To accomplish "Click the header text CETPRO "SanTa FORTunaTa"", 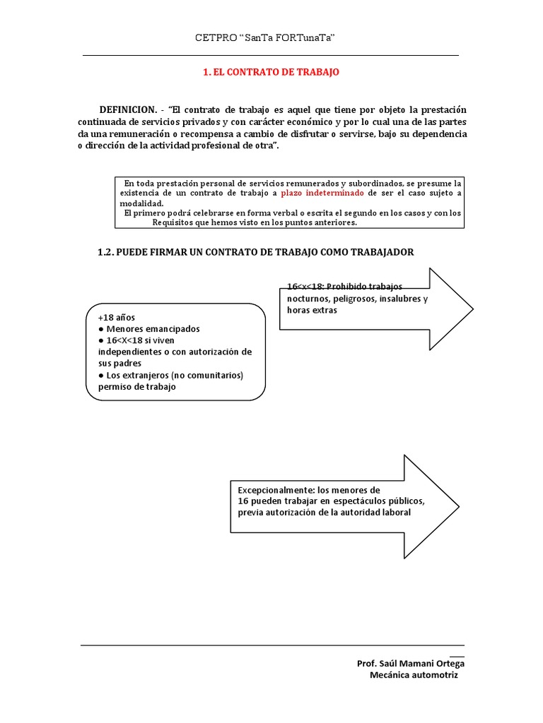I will (x=264, y=37).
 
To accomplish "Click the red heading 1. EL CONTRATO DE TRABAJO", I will (x=271, y=72).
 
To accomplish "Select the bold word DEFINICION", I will (x=127, y=109).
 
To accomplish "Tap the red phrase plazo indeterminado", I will (x=322, y=193).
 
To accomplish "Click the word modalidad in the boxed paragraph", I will (x=141, y=203).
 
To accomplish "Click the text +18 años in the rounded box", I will (x=117, y=317).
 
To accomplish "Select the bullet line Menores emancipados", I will (x=153, y=328).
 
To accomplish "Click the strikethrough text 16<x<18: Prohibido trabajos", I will (x=344, y=287).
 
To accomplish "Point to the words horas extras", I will (x=308, y=310).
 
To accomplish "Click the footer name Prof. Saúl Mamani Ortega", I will (x=411, y=663).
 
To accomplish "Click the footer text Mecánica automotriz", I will (x=414, y=675).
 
